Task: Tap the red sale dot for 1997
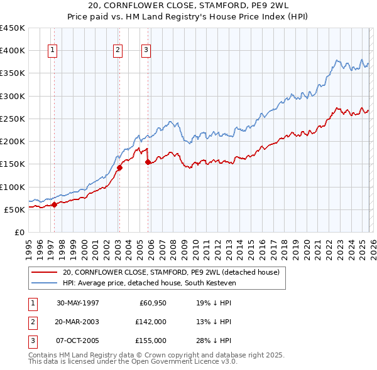[x=55, y=204]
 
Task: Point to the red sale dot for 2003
[x=119, y=167]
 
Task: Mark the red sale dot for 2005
[x=148, y=162]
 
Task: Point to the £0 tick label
[x=19, y=232]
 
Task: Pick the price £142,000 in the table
[x=151, y=322]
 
